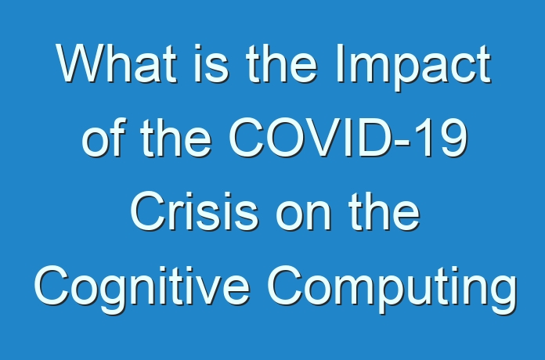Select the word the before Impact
coord(281,63)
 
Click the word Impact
coord(413,68)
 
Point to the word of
coord(103,137)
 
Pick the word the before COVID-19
coord(176,137)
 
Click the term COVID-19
coord(348,138)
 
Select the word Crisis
coord(194,211)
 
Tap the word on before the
coord(303,216)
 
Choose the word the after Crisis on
coord(384,211)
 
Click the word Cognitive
coord(142,290)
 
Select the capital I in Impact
coord(339,63)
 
